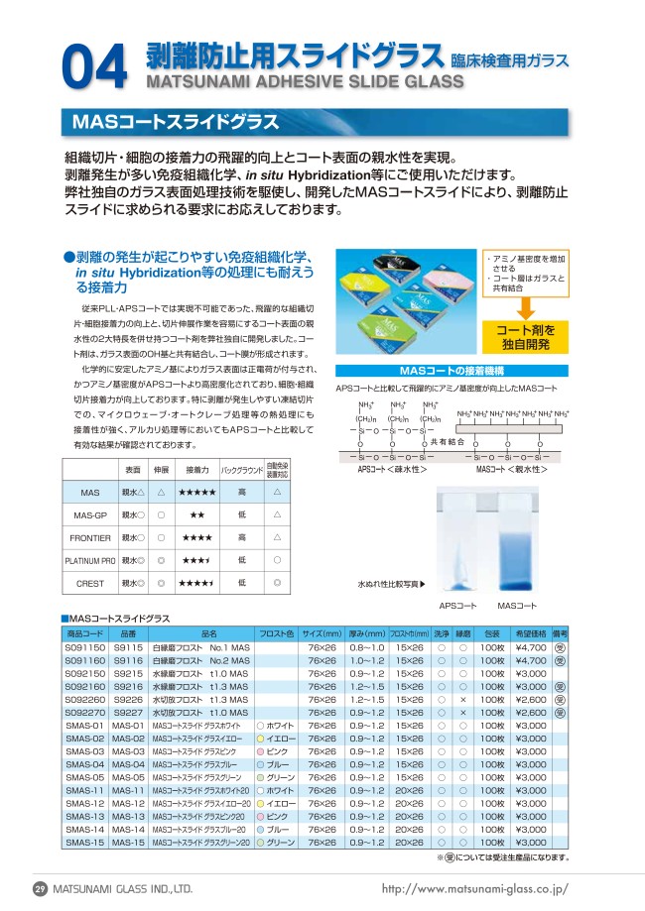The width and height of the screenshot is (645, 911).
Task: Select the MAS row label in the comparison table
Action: pos(89,492)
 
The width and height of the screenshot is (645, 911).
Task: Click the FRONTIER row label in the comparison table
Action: pos(90,537)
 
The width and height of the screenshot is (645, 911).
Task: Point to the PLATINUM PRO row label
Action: pos(90,560)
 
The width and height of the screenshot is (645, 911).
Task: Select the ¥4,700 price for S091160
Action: pos(531,660)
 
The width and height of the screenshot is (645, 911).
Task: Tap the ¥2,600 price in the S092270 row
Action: pos(531,712)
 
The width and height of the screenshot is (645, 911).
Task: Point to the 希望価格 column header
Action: pos(531,633)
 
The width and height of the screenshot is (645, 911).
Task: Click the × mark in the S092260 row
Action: pos(463,699)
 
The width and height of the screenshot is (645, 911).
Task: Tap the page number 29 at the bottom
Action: pos(41,888)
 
